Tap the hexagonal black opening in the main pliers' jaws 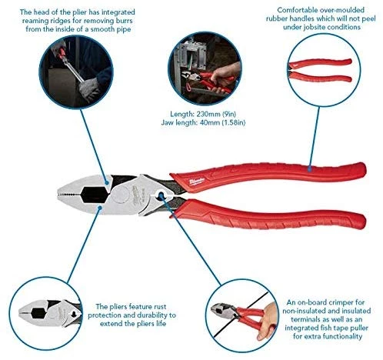[94, 194]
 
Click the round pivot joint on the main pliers [122, 194]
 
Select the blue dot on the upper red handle [310, 168]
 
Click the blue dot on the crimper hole [161, 196]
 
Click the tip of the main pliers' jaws [58, 195]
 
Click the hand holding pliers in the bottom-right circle [268, 321]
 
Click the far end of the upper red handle [365, 168]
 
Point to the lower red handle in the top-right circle [321, 77]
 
